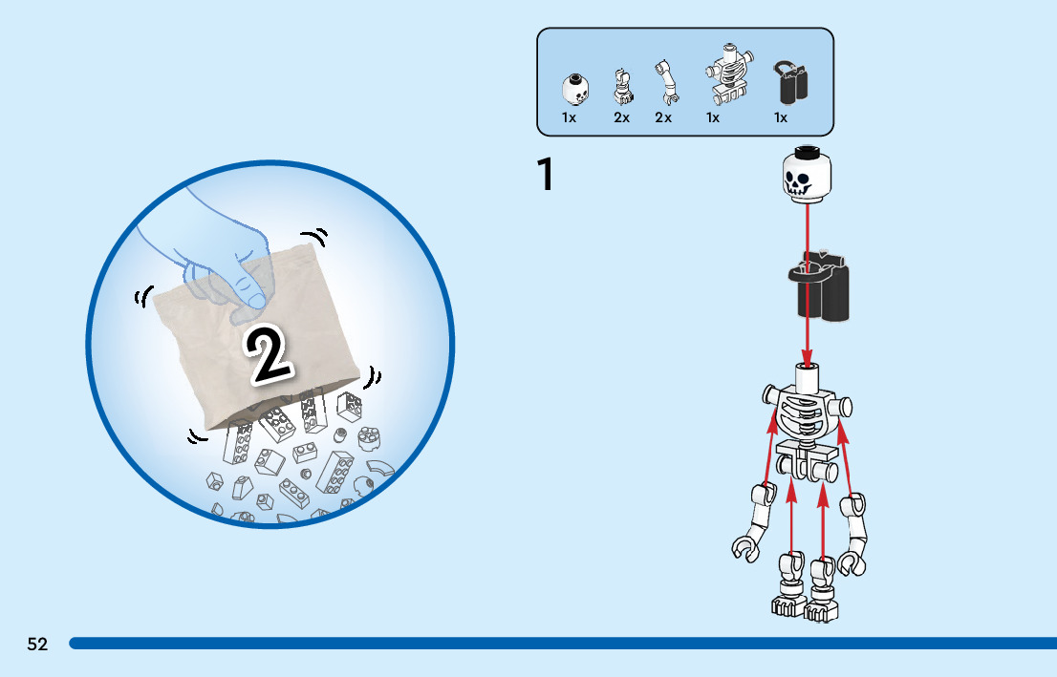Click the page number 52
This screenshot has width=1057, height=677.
coord(37,644)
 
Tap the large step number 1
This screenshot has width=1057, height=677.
coord(545,175)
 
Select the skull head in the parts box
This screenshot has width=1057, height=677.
coord(574,90)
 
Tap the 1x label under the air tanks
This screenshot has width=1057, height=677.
coord(781,117)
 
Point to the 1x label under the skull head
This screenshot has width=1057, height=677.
coord(569,117)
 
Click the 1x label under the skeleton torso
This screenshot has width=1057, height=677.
coord(713,117)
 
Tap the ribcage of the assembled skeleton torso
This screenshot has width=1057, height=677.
coord(804,414)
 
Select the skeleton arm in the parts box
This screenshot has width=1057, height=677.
coord(665,84)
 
